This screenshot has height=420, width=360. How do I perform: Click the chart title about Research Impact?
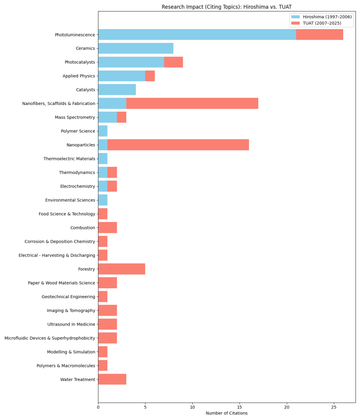tap(226, 7)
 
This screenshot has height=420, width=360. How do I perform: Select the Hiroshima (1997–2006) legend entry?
tap(327, 17)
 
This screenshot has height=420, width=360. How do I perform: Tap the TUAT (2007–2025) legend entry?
tap(321, 23)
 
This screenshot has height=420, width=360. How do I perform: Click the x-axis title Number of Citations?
tap(226, 413)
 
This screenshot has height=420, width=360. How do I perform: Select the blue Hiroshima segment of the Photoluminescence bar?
tap(197, 34)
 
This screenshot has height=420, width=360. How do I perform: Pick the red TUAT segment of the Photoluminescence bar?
tap(319, 34)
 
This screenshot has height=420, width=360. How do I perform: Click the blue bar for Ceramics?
tap(136, 48)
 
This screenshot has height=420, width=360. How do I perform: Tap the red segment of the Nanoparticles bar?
tap(178, 145)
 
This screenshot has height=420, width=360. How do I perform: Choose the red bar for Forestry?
tap(121, 269)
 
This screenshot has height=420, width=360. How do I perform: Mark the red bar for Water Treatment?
tap(112, 379)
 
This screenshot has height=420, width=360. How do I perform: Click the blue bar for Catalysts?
tap(117, 90)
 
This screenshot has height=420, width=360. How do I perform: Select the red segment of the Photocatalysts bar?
tap(173, 62)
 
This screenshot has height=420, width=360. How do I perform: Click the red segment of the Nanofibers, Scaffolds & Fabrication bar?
tap(192, 103)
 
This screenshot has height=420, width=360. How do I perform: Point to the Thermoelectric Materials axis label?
tap(69, 159)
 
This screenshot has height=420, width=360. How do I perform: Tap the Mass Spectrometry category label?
tap(75, 117)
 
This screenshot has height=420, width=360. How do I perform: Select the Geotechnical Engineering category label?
tap(68, 297)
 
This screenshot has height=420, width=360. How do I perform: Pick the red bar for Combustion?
tap(107, 228)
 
